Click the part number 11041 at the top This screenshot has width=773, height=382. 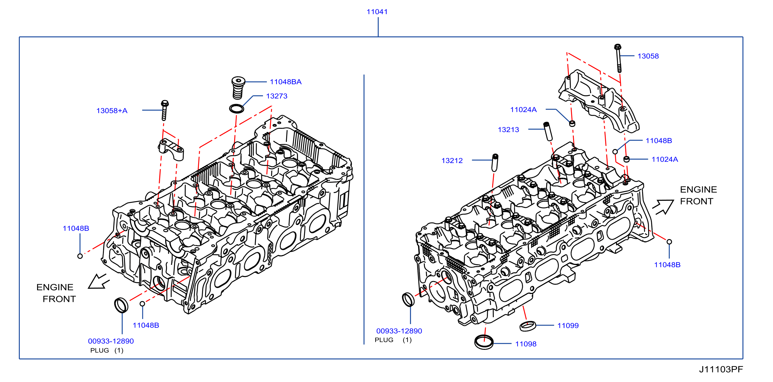click(377, 12)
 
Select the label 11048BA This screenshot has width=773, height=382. click(285, 82)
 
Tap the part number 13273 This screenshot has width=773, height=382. click(277, 96)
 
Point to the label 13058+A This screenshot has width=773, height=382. click(112, 111)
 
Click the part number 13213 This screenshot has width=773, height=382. click(508, 130)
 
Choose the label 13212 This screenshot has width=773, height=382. click(452, 161)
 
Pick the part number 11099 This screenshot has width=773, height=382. click(568, 326)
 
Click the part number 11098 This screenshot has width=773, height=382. click(526, 344)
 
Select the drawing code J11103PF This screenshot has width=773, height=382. click(721, 369)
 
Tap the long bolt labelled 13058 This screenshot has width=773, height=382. click(618, 58)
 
